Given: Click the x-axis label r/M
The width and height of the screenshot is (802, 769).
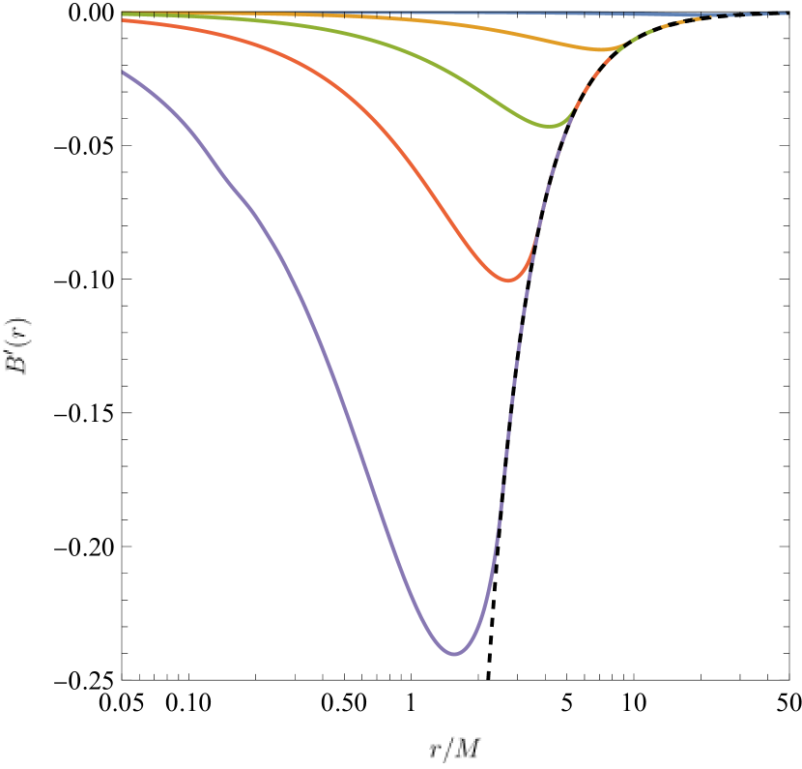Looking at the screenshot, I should click(455, 747).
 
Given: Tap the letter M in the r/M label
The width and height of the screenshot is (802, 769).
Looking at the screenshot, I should click(471, 747).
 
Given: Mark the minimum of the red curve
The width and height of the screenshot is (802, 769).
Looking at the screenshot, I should click(511, 281).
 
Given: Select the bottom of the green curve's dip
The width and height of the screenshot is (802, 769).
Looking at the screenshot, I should click(549, 126).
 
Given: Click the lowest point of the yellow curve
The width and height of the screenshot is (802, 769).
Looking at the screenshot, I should click(603, 49).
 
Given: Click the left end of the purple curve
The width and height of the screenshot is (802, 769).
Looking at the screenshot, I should click(123, 73).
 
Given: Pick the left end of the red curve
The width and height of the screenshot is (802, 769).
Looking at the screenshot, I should click(123, 20).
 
